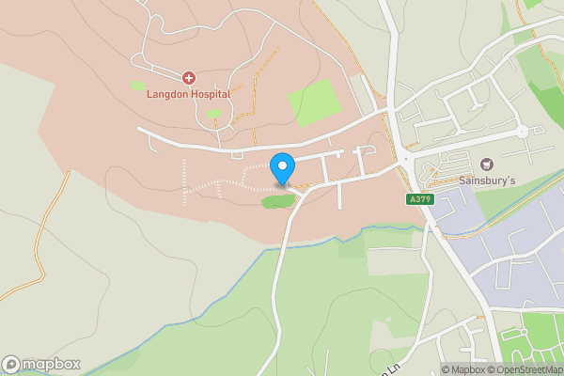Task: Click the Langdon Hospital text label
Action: point(188,94)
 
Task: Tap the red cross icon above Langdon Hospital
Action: point(189,78)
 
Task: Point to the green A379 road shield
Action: point(419,199)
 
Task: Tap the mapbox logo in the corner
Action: point(41,364)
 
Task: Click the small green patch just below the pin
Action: point(277,201)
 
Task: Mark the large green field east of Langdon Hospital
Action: point(312,97)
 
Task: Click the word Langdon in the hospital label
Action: point(165,94)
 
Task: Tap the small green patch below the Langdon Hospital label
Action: point(214,114)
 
